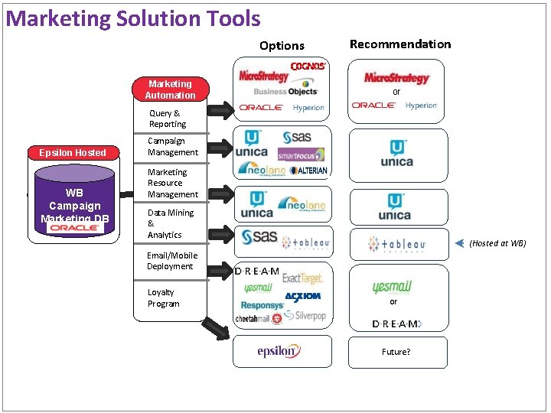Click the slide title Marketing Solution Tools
click(134, 19)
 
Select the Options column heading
click(282, 46)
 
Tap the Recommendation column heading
click(400, 44)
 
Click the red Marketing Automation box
click(170, 89)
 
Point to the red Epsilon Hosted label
click(73, 152)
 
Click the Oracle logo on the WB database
click(74, 228)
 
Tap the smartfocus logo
click(301, 154)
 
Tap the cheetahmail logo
click(253, 319)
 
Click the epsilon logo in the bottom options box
click(279, 351)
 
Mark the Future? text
click(396, 352)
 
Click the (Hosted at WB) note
click(497, 243)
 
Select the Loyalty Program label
click(164, 298)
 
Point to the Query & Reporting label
click(167, 119)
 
